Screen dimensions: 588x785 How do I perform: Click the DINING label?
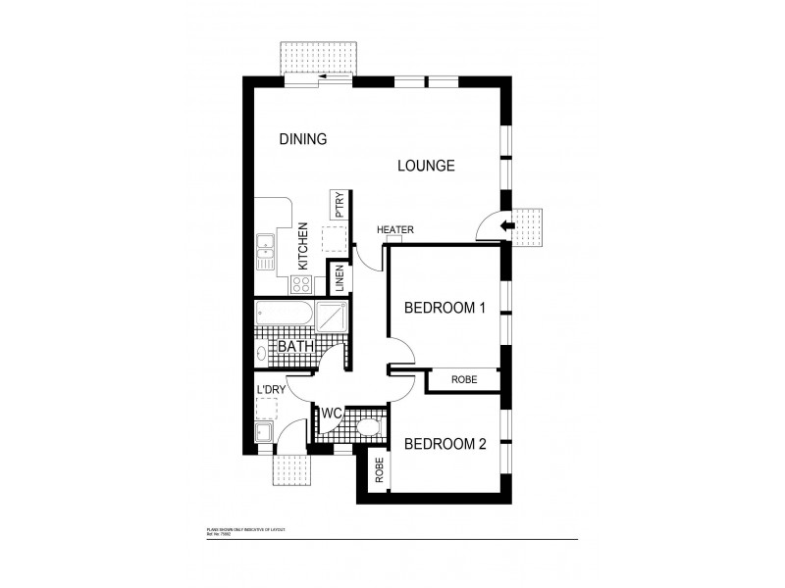click(x=302, y=139)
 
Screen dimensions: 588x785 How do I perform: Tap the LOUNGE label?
click(x=425, y=166)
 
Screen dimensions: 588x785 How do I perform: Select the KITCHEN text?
click(x=303, y=246)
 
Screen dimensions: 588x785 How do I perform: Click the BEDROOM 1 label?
click(x=445, y=309)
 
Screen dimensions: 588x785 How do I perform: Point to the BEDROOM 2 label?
click(x=445, y=444)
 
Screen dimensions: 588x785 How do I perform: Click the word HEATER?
click(x=395, y=230)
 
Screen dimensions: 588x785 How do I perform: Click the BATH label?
click(x=295, y=347)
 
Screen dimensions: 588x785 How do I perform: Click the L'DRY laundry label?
click(x=270, y=391)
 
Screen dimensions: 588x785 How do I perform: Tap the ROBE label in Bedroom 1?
click(x=464, y=380)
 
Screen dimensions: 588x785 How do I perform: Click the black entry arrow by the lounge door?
click(x=507, y=227)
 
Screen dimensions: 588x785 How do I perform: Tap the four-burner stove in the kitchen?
click(x=301, y=284)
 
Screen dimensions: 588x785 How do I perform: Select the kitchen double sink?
click(x=265, y=250)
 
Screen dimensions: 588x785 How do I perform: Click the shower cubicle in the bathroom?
click(x=331, y=317)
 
